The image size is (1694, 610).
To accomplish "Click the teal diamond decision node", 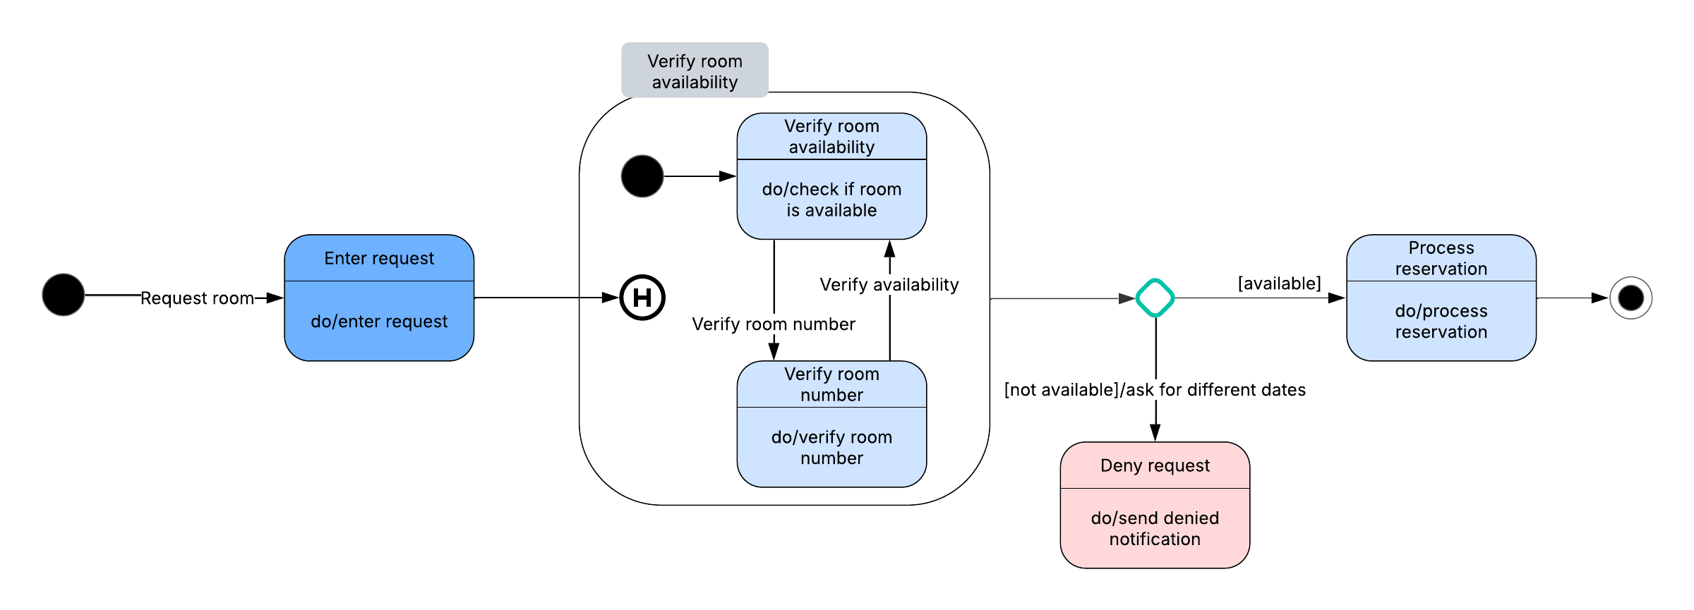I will [x=1155, y=298].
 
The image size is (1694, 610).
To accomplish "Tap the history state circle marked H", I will [x=642, y=298].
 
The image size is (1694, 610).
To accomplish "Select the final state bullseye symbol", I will [x=1630, y=298].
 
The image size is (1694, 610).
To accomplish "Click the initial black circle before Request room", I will [x=64, y=295].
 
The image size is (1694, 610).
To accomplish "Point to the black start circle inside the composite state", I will [x=642, y=176].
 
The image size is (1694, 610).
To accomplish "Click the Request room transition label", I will [x=197, y=298].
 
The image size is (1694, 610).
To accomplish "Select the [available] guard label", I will [x=1279, y=283].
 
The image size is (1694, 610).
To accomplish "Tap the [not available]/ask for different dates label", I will [x=1155, y=390].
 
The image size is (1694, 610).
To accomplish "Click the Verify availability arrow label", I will [x=889, y=285].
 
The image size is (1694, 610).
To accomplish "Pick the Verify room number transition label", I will [x=774, y=324].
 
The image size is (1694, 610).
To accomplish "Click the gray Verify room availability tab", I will [x=695, y=71].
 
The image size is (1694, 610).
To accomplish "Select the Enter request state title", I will [x=379, y=259].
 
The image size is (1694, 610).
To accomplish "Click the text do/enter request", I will [x=379, y=322].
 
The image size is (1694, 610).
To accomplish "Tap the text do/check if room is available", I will [x=831, y=200].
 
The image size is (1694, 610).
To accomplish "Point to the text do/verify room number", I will [x=831, y=447].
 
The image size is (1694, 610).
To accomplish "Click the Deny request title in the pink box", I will [x=1155, y=465].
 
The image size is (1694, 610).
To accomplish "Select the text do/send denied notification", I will [x=1155, y=528].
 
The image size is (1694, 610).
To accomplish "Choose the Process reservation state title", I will [x=1441, y=258].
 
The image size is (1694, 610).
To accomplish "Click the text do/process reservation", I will [x=1441, y=321].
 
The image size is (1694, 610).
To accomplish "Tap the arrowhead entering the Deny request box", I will [x=1155, y=433].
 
